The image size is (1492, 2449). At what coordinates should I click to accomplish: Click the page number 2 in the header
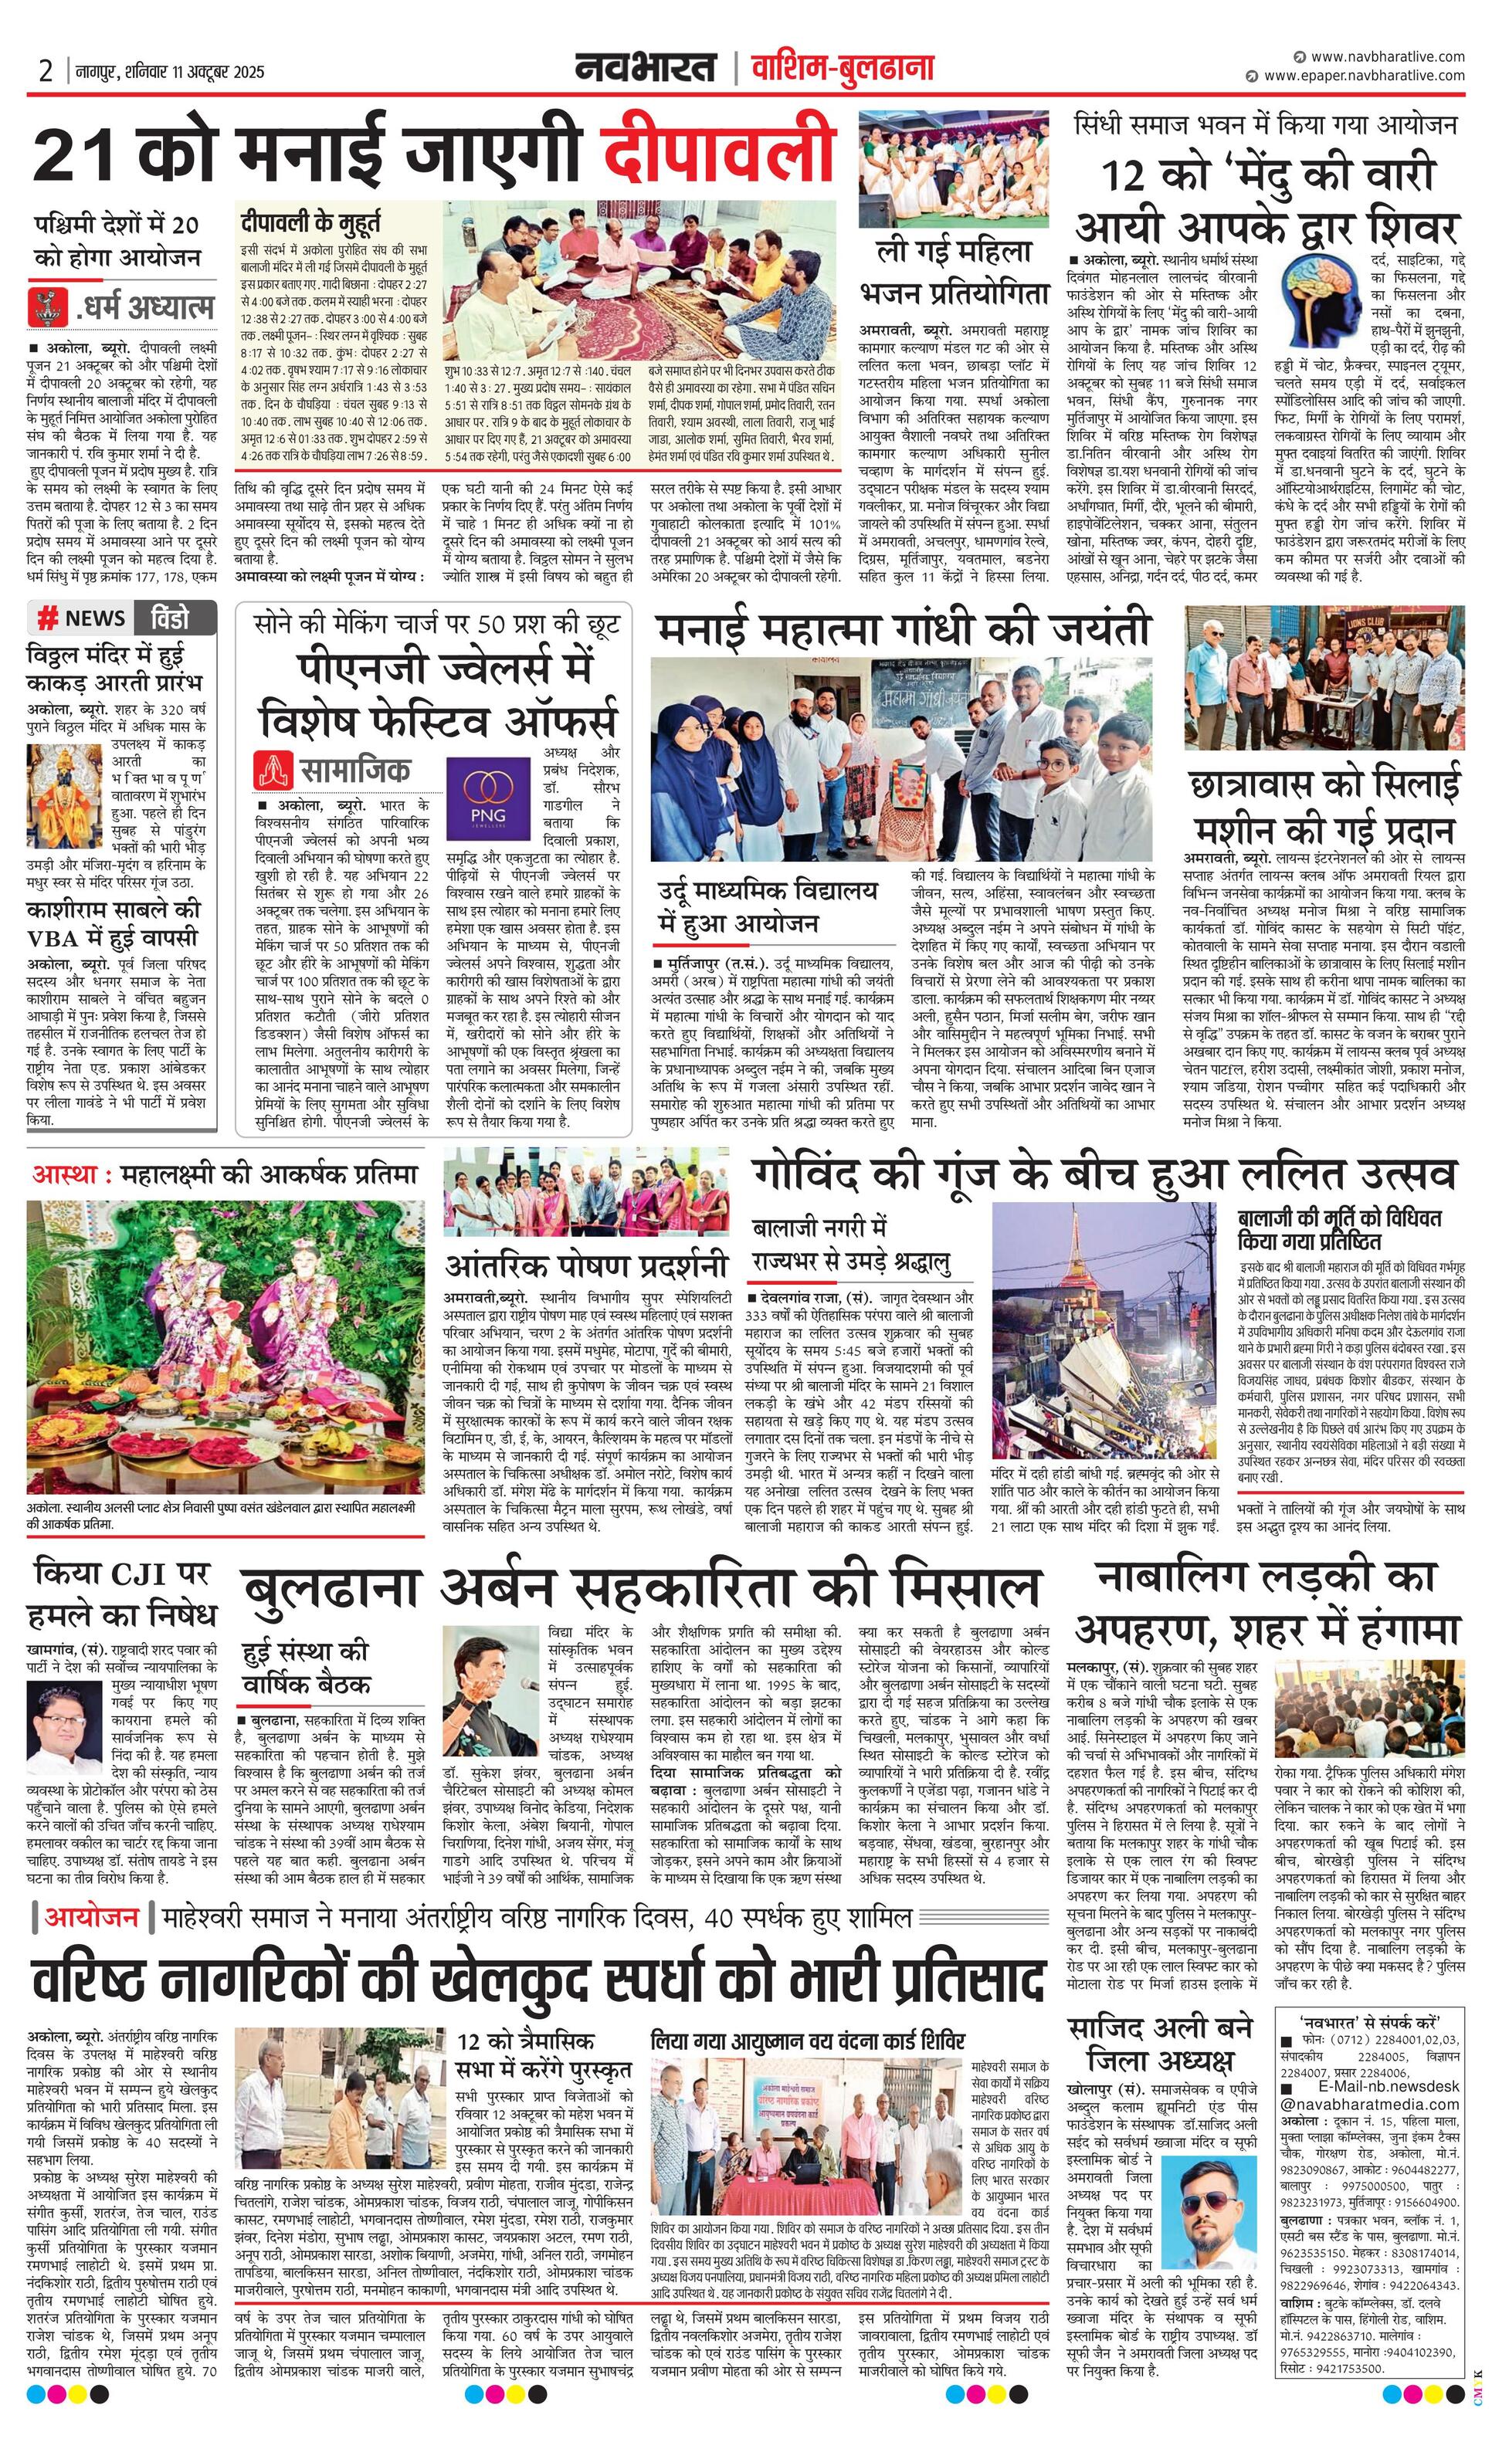click(x=46, y=72)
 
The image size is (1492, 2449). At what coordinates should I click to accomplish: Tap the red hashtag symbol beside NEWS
click(x=46, y=619)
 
